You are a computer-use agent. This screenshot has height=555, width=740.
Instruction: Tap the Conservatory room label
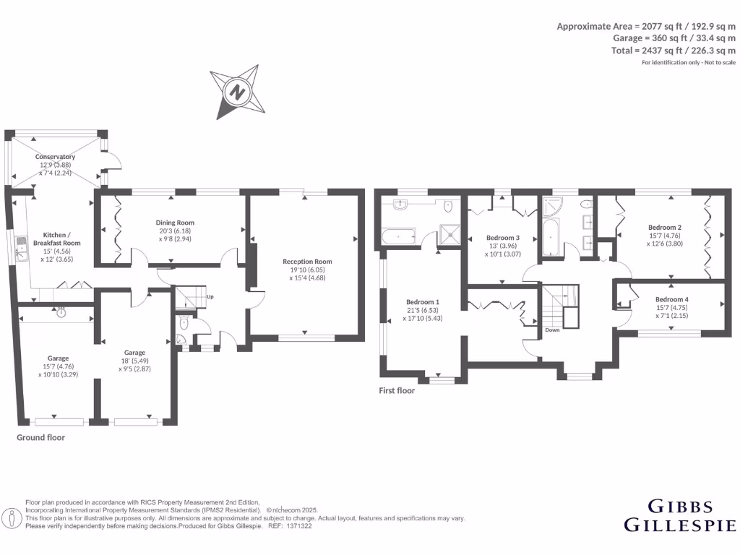[56, 157]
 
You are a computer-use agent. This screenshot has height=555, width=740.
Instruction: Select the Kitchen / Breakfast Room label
[57, 239]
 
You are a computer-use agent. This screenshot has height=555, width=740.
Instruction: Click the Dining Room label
[175, 223]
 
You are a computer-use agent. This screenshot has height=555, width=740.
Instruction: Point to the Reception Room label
[307, 262]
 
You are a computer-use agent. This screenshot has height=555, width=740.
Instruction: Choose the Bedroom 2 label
[666, 226]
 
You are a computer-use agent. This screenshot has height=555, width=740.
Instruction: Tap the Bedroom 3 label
[502, 238]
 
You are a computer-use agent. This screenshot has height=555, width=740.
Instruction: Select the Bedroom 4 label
[672, 299]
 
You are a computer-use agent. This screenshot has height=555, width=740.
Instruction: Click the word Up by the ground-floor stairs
[210, 297]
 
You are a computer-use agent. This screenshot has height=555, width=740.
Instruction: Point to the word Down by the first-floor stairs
[552, 330]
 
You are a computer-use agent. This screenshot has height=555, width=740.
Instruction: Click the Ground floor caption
[40, 437]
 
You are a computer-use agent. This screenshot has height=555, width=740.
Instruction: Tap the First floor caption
[397, 390]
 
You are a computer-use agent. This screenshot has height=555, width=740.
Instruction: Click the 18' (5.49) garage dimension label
[135, 361]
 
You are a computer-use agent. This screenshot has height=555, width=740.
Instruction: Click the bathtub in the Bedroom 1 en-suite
[398, 235]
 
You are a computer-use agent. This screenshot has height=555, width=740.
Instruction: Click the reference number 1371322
[298, 527]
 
